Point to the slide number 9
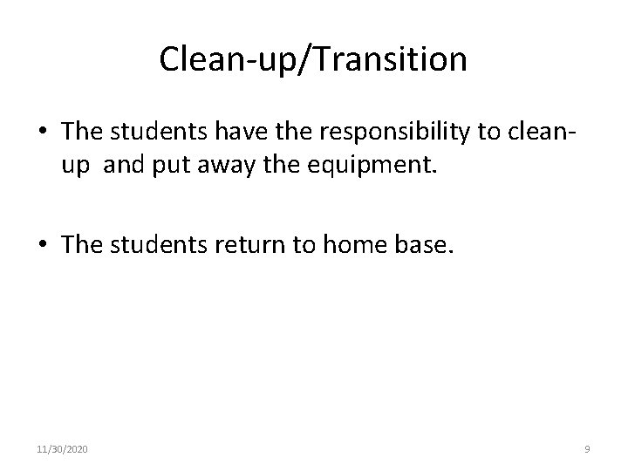click(x=587, y=449)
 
